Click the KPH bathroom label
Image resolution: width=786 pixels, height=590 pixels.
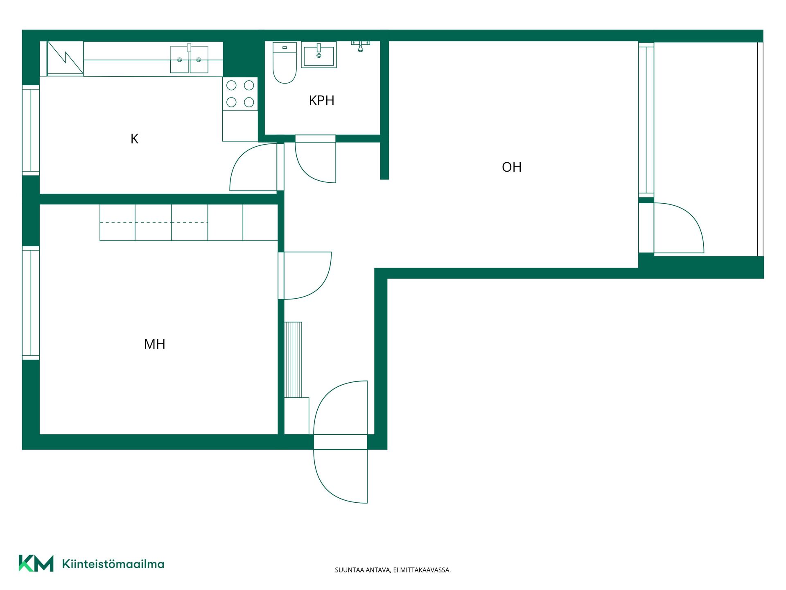point(321,100)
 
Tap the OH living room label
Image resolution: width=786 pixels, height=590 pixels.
point(512,167)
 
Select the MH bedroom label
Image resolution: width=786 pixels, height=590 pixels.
point(155,344)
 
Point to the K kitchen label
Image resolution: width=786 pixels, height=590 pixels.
point(134,139)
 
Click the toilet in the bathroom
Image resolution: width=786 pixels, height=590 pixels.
point(285,62)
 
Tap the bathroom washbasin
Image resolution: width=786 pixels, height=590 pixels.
point(319,54)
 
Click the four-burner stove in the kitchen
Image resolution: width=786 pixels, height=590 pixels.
point(240,94)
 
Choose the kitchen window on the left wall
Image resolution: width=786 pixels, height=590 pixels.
point(31,130)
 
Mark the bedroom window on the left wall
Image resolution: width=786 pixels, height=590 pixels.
point(31,303)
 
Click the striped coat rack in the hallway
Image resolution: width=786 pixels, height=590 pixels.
point(293,360)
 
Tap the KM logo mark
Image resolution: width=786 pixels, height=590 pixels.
point(36,563)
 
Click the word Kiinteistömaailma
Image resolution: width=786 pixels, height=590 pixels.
point(113,564)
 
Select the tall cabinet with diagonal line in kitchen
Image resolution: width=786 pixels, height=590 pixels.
point(65,58)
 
